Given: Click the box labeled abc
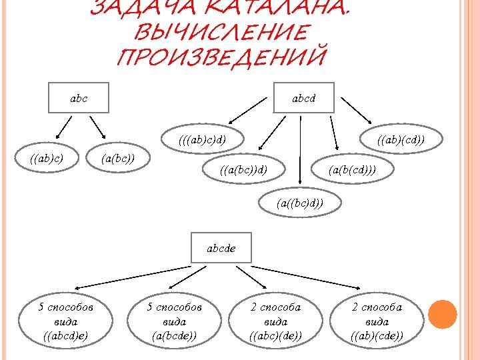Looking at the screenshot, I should click(x=79, y=99).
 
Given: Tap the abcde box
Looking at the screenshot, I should click(x=221, y=248).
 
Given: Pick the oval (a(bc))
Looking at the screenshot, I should click(x=118, y=158).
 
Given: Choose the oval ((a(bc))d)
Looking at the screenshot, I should click(x=243, y=171).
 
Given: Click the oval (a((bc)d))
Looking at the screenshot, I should click(x=300, y=202).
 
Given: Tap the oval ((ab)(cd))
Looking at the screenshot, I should click(x=401, y=141).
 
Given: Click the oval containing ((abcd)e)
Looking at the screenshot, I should click(x=65, y=321).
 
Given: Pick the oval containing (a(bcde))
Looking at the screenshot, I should click(x=174, y=321).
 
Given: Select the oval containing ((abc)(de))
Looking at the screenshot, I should click(x=275, y=321).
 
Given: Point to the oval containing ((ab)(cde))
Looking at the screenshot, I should click(x=377, y=321).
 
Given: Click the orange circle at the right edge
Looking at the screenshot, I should click(x=442, y=313).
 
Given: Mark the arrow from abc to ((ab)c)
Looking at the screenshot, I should click(x=63, y=127).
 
